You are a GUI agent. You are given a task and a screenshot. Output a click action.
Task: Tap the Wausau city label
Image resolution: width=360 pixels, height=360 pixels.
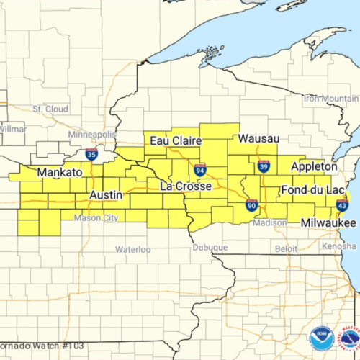(x=258, y=138)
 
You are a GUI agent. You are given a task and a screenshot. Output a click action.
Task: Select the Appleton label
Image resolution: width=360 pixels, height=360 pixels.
(x=313, y=166)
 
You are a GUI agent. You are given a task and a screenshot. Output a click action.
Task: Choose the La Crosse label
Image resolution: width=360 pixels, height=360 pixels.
(x=185, y=186)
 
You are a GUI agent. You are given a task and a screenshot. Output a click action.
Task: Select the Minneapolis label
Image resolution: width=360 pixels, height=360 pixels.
(x=91, y=135)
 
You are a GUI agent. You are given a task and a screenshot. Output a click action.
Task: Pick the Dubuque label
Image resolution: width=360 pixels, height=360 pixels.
(x=210, y=247)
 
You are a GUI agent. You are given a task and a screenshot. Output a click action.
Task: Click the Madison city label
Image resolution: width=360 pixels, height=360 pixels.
(x=270, y=222)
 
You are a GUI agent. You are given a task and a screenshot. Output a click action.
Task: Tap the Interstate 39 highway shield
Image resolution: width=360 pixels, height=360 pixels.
(x=264, y=166)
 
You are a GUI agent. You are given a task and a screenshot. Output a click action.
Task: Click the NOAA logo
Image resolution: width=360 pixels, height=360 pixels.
(x=320, y=339)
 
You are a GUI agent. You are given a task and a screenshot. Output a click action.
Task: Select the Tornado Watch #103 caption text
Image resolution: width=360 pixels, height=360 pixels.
(x=42, y=346)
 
